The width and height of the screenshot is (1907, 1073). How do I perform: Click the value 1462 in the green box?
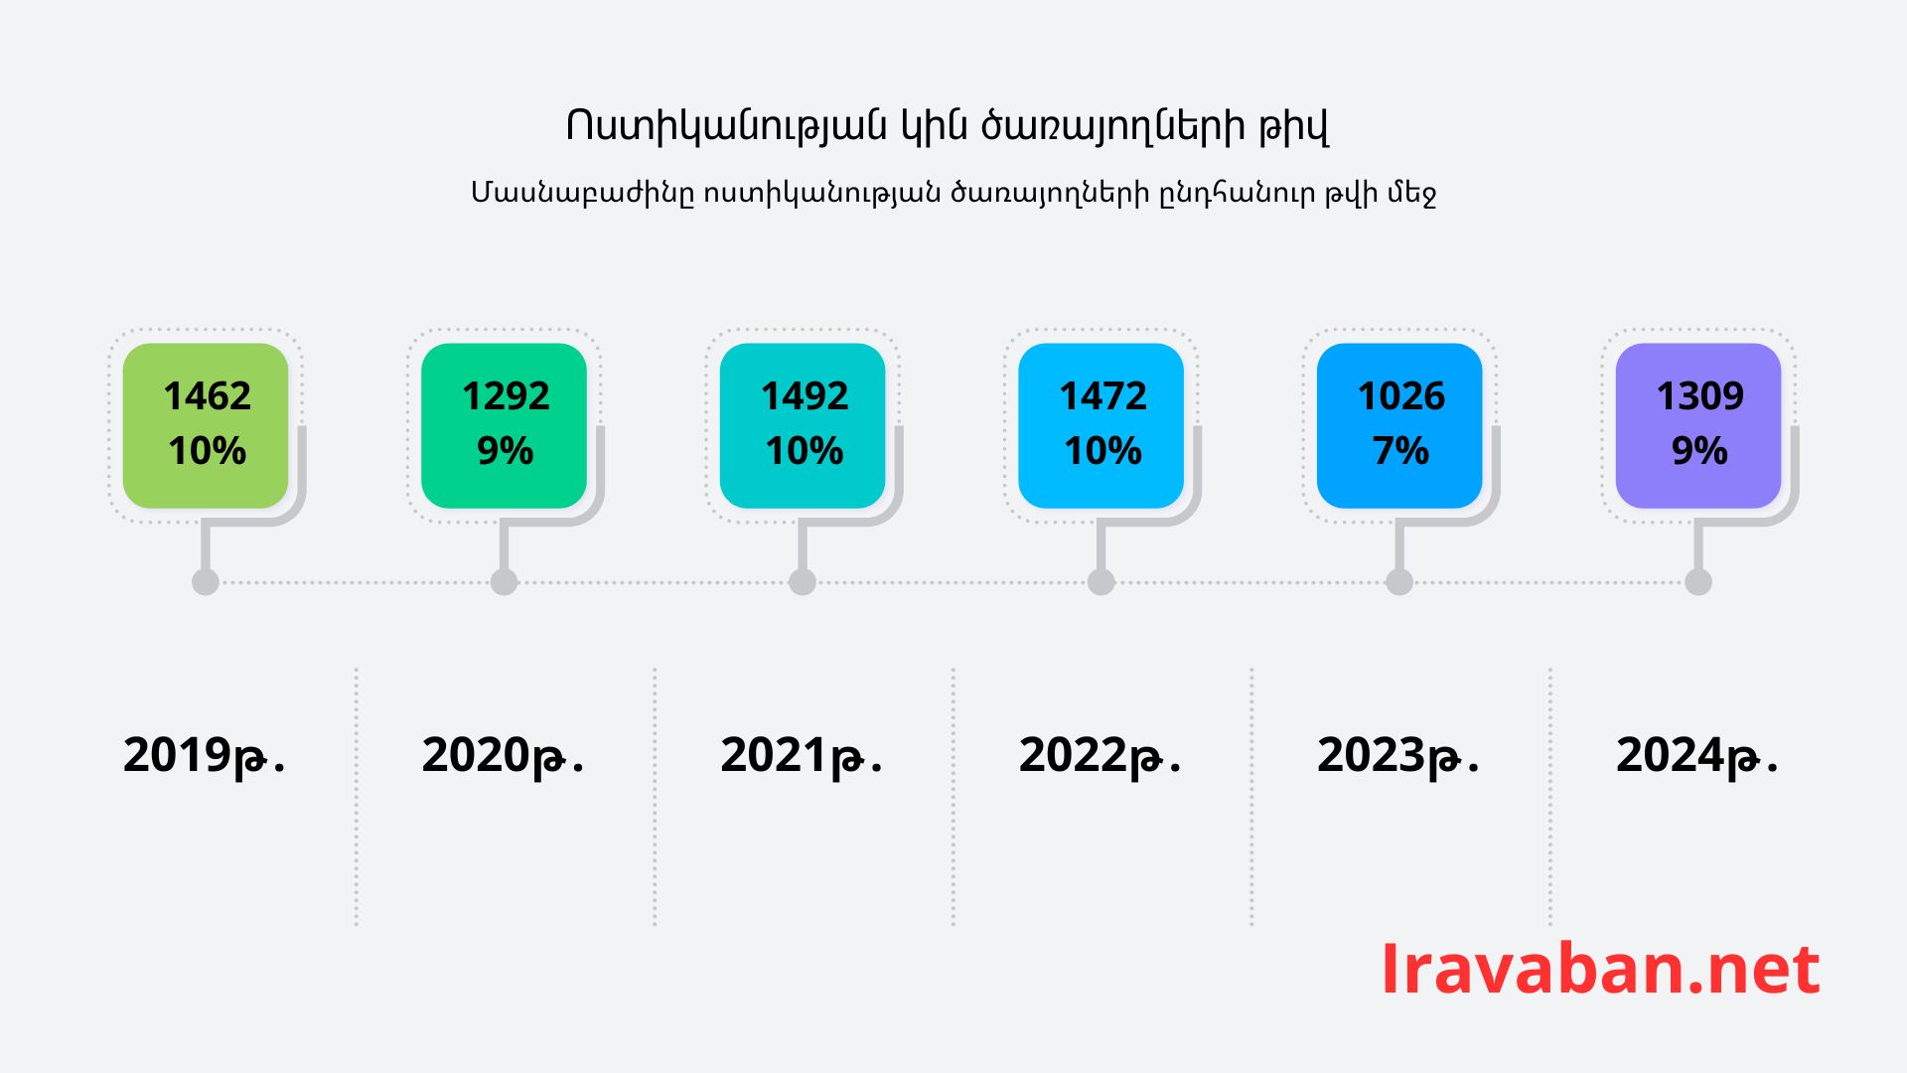click(x=207, y=395)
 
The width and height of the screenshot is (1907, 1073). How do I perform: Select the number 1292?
click(x=506, y=395)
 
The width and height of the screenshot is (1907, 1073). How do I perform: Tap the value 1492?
click(x=805, y=395)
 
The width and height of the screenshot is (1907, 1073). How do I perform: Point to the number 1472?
click(x=1102, y=395)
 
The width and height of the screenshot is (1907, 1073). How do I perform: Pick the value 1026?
click(x=1401, y=395)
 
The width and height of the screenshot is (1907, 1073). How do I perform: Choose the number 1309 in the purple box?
click(x=1699, y=395)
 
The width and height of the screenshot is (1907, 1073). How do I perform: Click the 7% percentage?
click(x=1401, y=451)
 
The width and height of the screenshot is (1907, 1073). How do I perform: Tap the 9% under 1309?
click(x=1699, y=451)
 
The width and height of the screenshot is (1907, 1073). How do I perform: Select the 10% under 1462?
click(x=207, y=451)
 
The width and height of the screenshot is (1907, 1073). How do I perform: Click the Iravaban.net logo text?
click(x=1600, y=969)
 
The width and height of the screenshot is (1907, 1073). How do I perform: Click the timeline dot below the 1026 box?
click(x=1399, y=582)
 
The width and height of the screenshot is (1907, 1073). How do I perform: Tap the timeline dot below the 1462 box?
click(x=206, y=582)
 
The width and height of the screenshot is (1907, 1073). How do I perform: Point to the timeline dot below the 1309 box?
click(x=1698, y=582)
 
